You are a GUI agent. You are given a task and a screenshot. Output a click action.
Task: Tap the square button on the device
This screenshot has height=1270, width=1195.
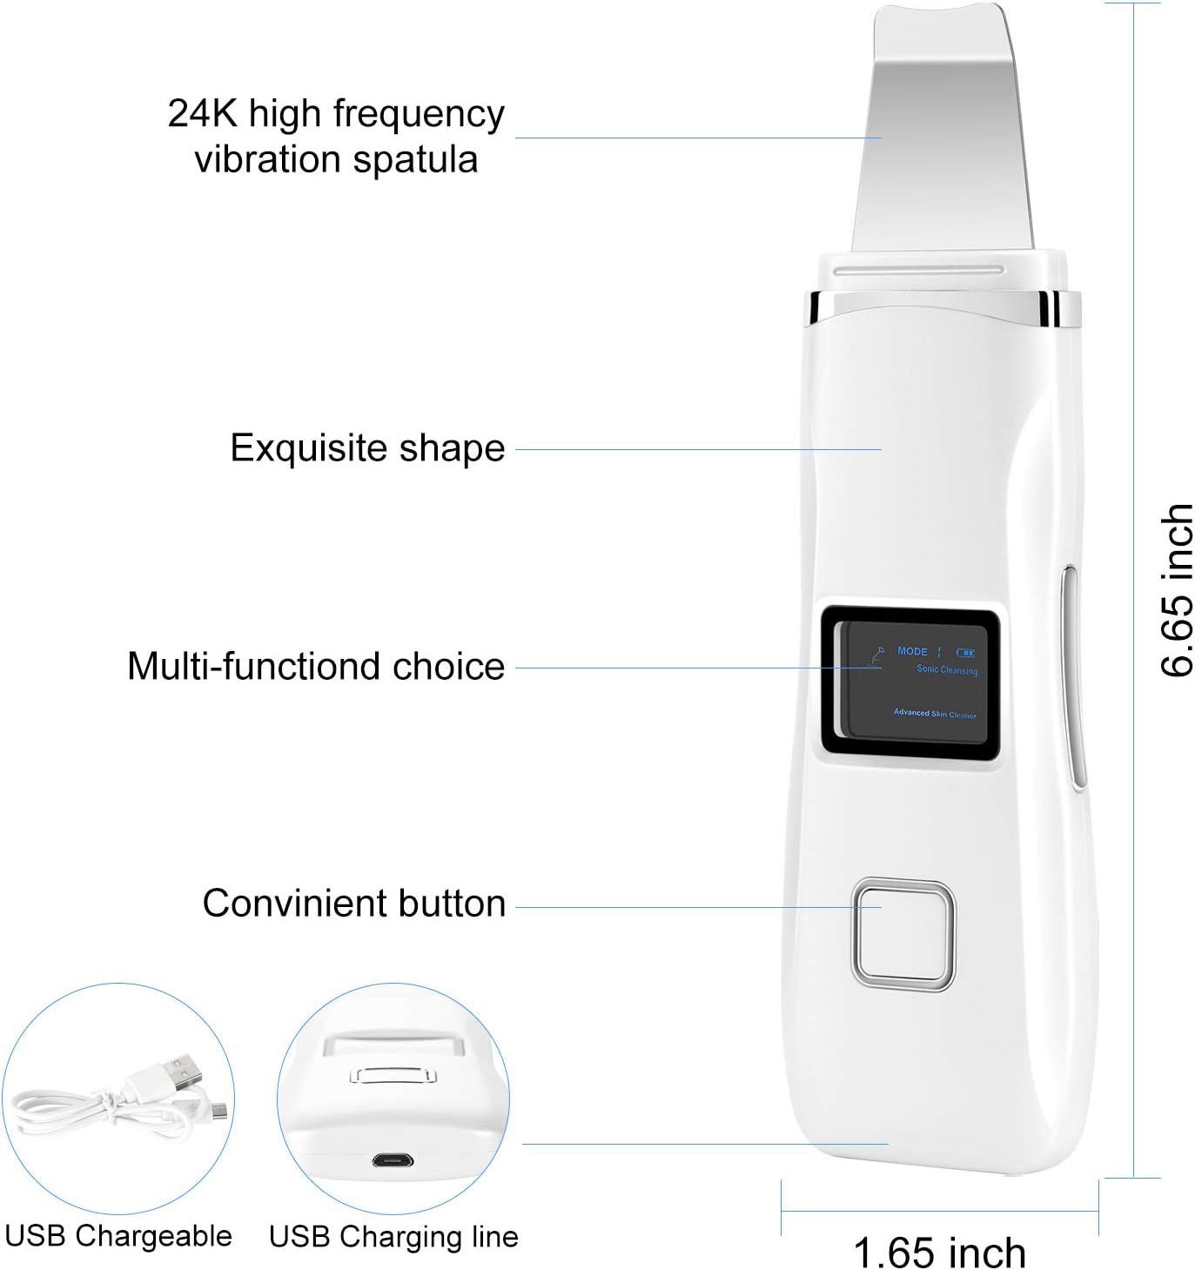[903, 935]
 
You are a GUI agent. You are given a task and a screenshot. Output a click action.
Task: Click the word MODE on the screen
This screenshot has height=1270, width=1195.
[912, 651]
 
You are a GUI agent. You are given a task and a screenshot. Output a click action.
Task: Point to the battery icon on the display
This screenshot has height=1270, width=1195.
[965, 653]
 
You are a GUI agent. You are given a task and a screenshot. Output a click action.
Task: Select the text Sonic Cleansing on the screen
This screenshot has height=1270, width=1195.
[948, 669]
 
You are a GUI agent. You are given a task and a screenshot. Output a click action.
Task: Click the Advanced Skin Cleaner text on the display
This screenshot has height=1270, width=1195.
[935, 714]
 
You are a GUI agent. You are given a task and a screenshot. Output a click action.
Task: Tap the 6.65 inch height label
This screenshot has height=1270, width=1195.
[1176, 589]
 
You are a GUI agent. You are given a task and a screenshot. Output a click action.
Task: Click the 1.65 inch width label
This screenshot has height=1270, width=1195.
[939, 1252]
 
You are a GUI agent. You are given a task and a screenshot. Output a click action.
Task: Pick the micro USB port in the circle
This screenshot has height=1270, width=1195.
[393, 1160]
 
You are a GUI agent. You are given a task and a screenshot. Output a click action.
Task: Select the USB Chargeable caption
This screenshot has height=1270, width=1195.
[118, 1235]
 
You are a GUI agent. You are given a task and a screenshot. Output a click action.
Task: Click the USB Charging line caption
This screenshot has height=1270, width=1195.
[393, 1236]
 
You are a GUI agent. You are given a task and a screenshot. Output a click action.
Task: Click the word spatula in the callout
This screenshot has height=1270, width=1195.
[415, 159]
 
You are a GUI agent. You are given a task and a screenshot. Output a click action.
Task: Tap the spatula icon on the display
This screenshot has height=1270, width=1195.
[876, 655]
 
